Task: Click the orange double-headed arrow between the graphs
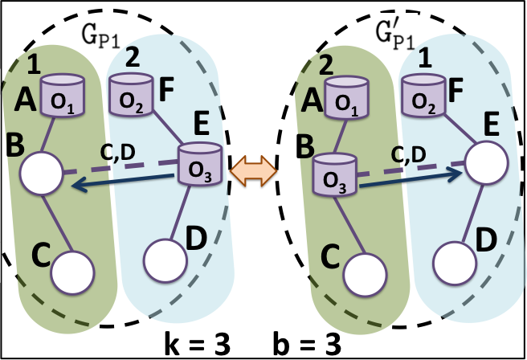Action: pyautogui.click(x=254, y=170)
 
